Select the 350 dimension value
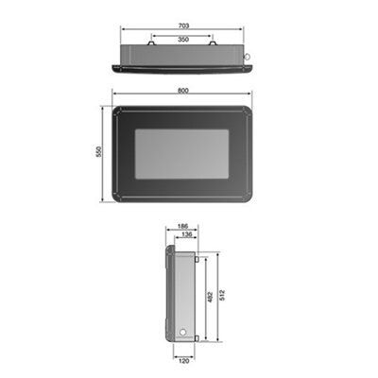point(182,41)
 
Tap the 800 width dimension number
point(182,90)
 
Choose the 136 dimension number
point(186,235)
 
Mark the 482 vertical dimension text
point(209,297)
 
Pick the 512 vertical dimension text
point(221,295)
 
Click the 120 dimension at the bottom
point(182,359)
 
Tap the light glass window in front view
point(182,154)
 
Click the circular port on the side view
point(181,333)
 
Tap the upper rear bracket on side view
point(196,252)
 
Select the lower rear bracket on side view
point(196,338)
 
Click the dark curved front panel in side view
point(166,295)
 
